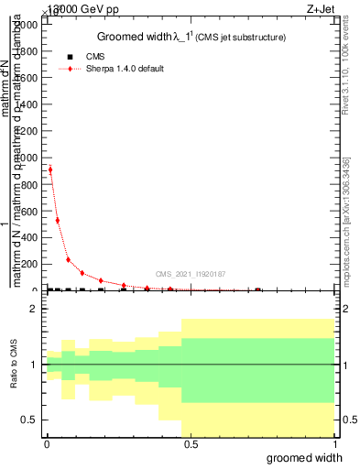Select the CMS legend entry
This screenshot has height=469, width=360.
pyautogui.click(x=95, y=56)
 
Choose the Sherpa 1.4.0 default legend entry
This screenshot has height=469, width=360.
pyautogui.click(x=125, y=69)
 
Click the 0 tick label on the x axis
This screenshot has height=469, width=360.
pyautogui.click(x=46, y=445)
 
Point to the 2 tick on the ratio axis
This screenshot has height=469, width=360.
pyautogui.click(x=34, y=310)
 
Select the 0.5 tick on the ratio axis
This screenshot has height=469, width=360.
pyautogui.click(x=29, y=420)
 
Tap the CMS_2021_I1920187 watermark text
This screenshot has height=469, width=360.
pyautogui.click(x=190, y=274)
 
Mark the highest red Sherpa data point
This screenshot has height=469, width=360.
pyautogui.click(x=50, y=169)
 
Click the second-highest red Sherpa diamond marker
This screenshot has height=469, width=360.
pyautogui.click(x=58, y=220)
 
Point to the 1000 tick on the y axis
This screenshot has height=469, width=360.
pyautogui.click(x=26, y=158)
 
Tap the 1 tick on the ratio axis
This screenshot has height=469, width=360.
pyautogui.click(x=34, y=365)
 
